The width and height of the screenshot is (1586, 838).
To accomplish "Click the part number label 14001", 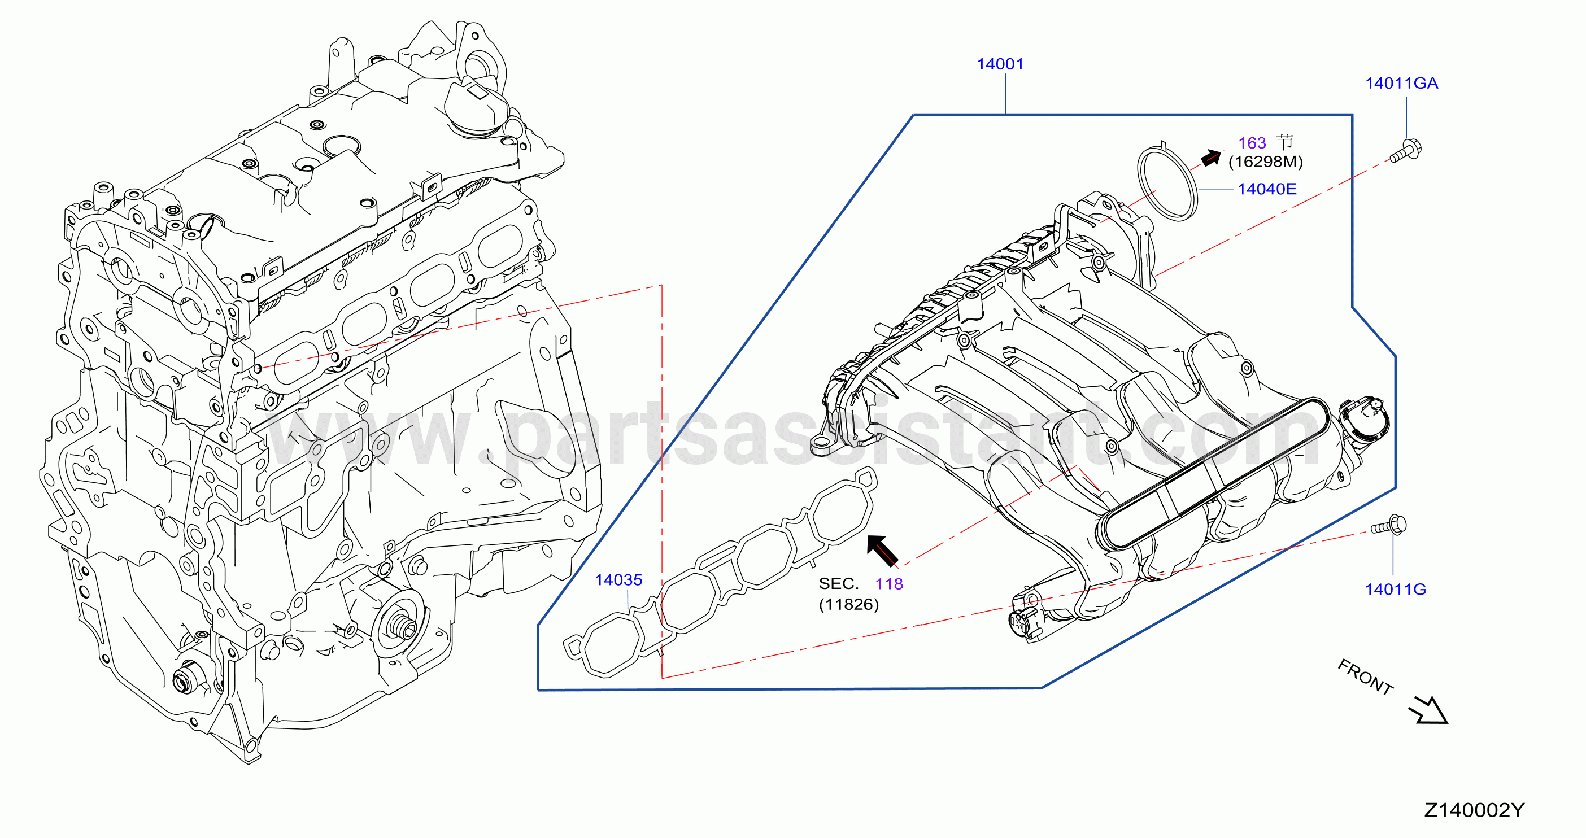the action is (1000, 64).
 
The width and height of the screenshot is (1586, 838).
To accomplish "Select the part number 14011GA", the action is (1402, 83).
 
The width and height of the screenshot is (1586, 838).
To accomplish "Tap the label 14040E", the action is (1267, 189).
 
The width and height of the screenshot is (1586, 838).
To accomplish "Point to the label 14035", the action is (618, 580).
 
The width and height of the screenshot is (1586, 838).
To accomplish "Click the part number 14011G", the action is (1395, 589).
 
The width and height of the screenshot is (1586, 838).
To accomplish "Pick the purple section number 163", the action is (1252, 143).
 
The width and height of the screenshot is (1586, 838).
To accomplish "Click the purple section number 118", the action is (889, 584).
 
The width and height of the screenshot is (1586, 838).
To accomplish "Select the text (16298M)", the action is (1265, 162).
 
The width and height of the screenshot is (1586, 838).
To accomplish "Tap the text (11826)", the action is (848, 604).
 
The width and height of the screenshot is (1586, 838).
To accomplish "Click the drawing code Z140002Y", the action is (1474, 810).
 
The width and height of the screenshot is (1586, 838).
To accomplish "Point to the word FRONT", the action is (1366, 676).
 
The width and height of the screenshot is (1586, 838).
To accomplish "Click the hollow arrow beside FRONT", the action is (1429, 710).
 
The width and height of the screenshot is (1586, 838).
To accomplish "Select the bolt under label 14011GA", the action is (1406, 150).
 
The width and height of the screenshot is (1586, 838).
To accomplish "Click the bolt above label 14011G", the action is (1388, 526).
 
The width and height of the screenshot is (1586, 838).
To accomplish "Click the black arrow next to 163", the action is (1211, 158).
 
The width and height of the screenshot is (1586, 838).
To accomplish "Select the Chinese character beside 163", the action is (1284, 142).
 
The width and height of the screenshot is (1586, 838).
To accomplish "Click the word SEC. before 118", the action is (839, 584).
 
